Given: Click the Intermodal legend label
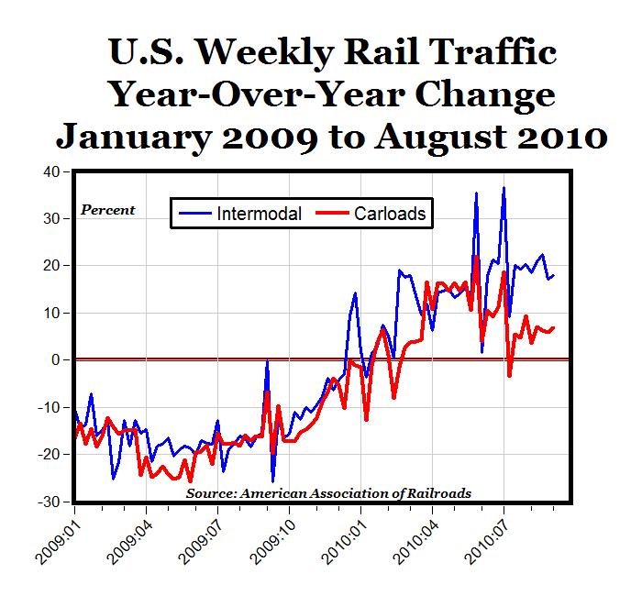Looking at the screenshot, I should click(261, 214).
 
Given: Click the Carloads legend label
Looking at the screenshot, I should click(391, 214).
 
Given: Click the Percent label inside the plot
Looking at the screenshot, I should click(108, 210).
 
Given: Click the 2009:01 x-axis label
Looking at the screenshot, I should click(61, 541).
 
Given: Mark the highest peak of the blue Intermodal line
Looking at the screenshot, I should click(504, 188).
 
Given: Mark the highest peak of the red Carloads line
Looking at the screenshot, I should click(475, 257).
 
